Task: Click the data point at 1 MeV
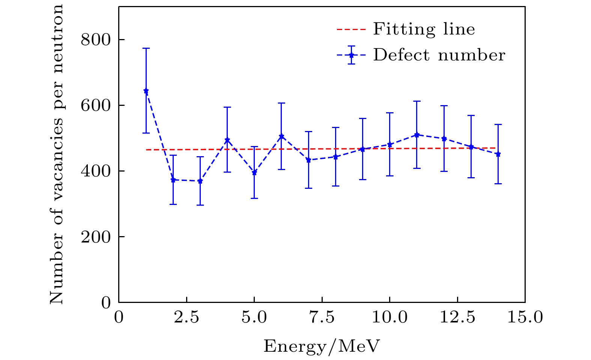tap(146, 91)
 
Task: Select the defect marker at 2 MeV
tap(173, 180)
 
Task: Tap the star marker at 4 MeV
tap(227, 140)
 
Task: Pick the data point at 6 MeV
tap(281, 136)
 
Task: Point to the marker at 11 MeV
tap(417, 135)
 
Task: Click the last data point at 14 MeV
tap(498, 154)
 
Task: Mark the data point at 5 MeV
tap(254, 173)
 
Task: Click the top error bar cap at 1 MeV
tap(146, 48)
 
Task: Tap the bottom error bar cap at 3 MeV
tap(200, 205)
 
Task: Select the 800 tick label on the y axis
tap(96, 39)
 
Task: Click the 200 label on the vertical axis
tap(96, 237)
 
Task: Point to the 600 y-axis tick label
tap(96, 105)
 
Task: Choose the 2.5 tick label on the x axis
tap(186, 318)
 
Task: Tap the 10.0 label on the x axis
tap(389, 318)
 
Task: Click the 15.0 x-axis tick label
tap(525, 318)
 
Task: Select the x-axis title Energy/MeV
tap(322, 346)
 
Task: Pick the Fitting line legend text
tap(424, 29)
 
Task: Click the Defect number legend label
tap(439, 55)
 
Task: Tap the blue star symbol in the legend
tap(351, 55)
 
